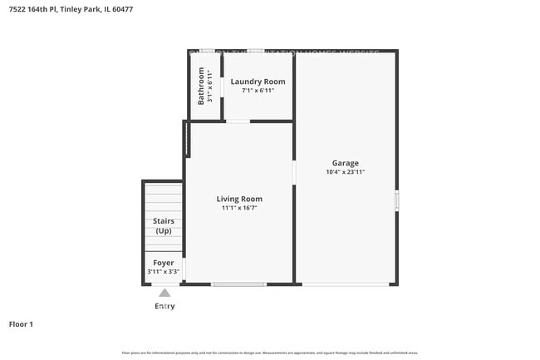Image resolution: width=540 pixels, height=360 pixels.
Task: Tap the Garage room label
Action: (x=346, y=163)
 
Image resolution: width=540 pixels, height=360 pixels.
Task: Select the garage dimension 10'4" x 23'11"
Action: (x=346, y=172)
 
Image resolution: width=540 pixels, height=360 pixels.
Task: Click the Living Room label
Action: (x=239, y=199)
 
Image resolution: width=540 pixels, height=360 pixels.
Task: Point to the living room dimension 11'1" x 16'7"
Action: (x=239, y=208)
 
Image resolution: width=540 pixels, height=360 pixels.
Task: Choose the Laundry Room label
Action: (x=258, y=81)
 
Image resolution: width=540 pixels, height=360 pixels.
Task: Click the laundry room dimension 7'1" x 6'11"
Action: (x=258, y=90)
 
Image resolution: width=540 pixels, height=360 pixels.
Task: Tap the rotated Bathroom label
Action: (x=201, y=86)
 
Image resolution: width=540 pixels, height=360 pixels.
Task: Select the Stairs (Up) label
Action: (x=163, y=225)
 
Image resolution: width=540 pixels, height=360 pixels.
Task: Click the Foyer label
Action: (x=163, y=263)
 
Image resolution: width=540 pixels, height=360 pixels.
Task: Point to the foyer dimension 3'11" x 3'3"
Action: (x=163, y=271)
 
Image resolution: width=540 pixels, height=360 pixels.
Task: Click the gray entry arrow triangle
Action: (x=164, y=293)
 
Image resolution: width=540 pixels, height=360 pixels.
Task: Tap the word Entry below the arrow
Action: (x=164, y=306)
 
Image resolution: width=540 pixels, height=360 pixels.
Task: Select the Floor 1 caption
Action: (x=21, y=324)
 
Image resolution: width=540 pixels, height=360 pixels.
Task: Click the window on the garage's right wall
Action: (x=396, y=200)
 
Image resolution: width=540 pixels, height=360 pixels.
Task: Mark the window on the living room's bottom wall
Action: (x=238, y=284)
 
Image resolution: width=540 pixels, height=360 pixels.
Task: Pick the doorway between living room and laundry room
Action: (x=238, y=121)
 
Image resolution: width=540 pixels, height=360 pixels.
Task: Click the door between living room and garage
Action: (x=294, y=172)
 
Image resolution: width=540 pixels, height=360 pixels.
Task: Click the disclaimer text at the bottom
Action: (x=270, y=353)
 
